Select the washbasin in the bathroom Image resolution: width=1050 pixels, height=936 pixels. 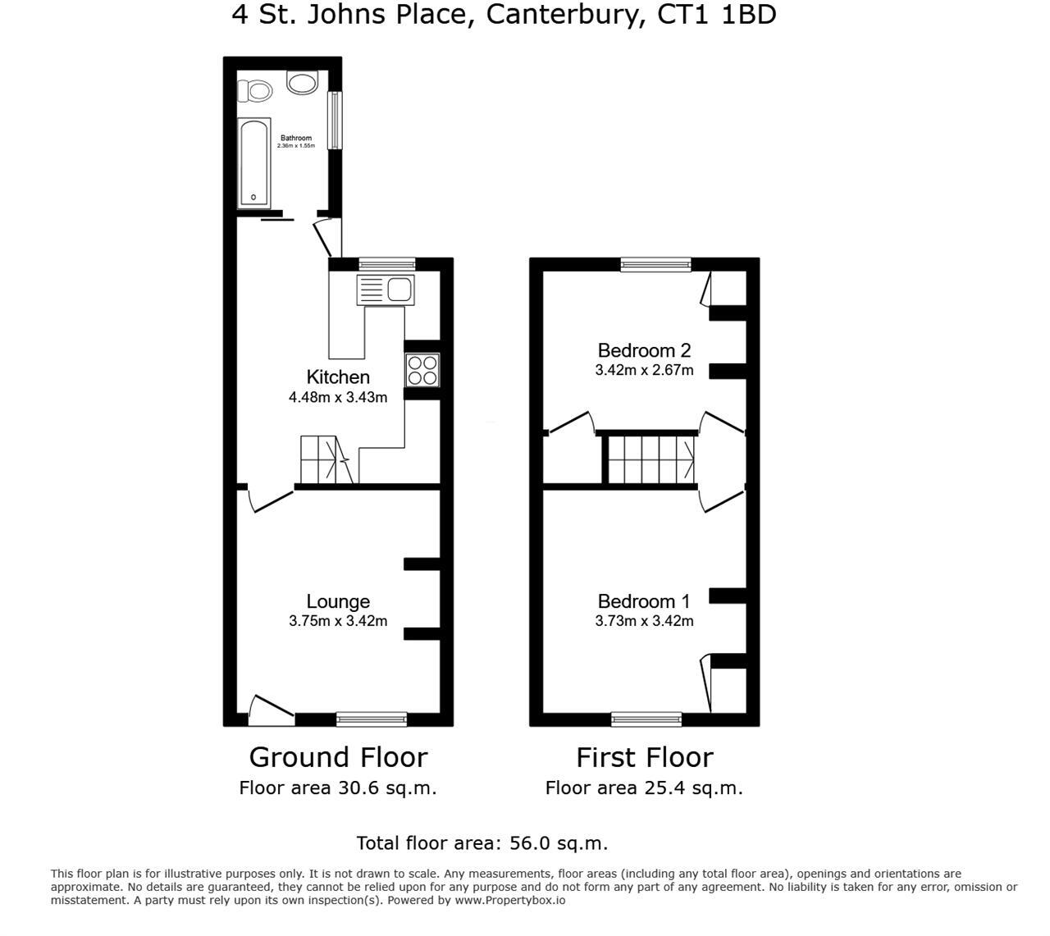[x=302, y=82]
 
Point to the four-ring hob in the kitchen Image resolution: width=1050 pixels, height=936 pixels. [x=422, y=369]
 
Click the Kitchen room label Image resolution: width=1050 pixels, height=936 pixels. [x=338, y=377]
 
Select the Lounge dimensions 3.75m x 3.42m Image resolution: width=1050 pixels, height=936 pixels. [x=338, y=621]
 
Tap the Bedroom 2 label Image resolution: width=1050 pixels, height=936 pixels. [x=644, y=351]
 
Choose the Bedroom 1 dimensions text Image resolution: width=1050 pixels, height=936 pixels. [x=644, y=621]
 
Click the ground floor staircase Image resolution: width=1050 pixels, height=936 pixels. [x=327, y=459]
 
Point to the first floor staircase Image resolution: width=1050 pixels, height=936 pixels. [x=651, y=459]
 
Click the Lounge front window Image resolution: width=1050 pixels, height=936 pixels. [x=372, y=719]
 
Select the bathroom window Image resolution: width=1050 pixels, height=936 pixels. [x=335, y=120]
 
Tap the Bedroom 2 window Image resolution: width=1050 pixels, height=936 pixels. [x=655, y=264]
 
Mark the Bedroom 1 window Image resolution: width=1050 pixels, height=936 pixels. [x=646, y=719]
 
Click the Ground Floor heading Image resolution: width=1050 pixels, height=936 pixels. [x=338, y=756]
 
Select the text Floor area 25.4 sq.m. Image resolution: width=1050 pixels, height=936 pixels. [x=644, y=788]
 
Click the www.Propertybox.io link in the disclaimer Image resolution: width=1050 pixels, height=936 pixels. [x=510, y=900]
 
